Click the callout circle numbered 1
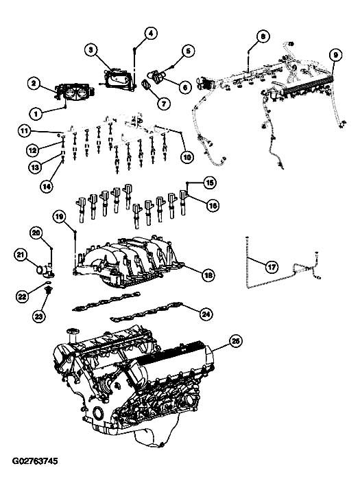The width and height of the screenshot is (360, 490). (36, 113)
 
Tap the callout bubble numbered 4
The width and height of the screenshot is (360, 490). (150, 34)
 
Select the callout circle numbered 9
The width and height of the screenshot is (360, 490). (335, 55)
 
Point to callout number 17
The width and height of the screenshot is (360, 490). (272, 267)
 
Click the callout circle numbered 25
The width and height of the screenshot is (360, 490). (236, 342)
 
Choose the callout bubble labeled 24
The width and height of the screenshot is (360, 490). (206, 314)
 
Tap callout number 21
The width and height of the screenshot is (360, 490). (21, 255)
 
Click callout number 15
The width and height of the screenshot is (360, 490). (210, 183)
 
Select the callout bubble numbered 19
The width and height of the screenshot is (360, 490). (60, 217)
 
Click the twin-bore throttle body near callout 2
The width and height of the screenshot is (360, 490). (75, 92)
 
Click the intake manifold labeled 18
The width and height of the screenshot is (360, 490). (128, 262)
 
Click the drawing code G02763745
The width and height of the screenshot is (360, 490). (35, 461)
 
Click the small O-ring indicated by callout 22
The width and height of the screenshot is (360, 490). (47, 283)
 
